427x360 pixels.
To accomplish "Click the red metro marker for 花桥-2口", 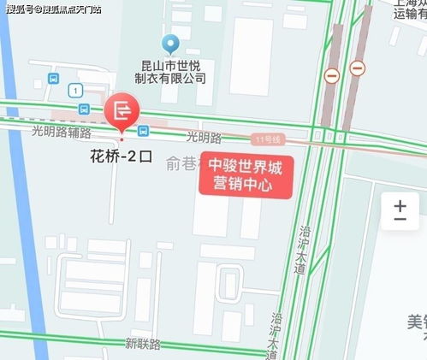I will [x=122, y=109].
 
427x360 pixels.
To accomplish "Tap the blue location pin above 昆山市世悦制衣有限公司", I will [x=171, y=43].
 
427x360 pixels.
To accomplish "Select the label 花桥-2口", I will [x=121, y=157].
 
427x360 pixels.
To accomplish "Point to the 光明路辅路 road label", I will [x=61, y=133].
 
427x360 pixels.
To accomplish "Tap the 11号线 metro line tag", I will [x=268, y=139].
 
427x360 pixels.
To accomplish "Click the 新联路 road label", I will [x=142, y=344].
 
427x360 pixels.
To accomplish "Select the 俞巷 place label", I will [x=183, y=163].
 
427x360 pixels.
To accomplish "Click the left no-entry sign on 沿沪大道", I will [x=331, y=75].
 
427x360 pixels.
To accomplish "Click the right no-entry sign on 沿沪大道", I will [x=358, y=68].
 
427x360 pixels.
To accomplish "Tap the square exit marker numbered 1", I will [x=76, y=90].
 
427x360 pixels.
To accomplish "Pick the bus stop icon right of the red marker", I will [x=143, y=131].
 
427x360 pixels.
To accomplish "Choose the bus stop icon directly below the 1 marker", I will [x=84, y=109].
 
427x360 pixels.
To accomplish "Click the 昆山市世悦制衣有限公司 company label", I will [x=174, y=71].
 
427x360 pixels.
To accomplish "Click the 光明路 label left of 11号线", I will [x=204, y=137].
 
